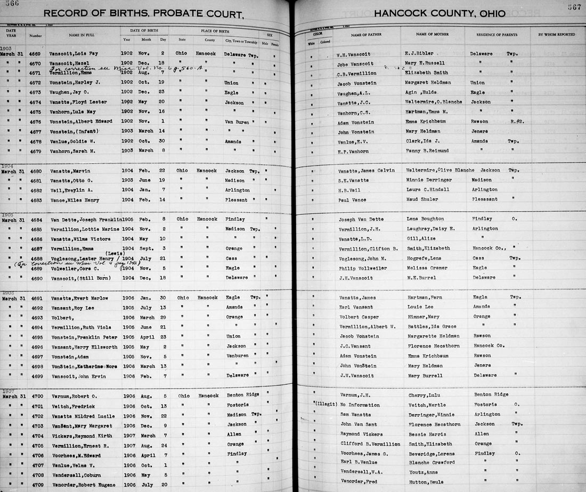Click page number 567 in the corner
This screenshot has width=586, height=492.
pyautogui.click(x=574, y=7)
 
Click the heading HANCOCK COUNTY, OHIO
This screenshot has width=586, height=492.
pyautogui.click(x=439, y=14)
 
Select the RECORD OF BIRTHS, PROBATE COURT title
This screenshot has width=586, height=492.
pyautogui.click(x=143, y=14)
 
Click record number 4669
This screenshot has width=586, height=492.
pyautogui.click(x=35, y=54)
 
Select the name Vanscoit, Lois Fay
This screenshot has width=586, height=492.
pyautogui.click(x=74, y=54)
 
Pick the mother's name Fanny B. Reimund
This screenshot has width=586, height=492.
pyautogui.click(x=430, y=151)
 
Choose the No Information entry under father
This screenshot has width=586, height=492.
pyautogui.click(x=357, y=405)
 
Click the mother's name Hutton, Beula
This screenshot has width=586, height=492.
pyautogui.click(x=427, y=482)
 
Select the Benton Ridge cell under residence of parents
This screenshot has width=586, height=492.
pyautogui.click(x=491, y=395)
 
